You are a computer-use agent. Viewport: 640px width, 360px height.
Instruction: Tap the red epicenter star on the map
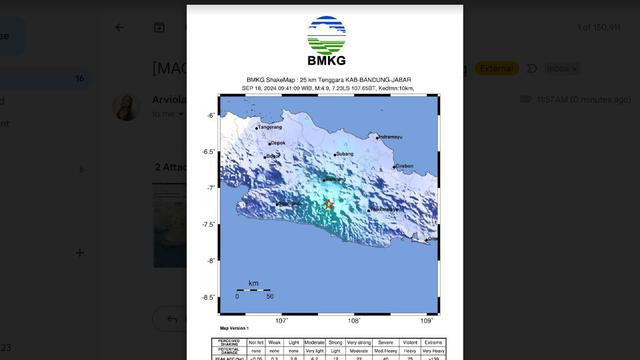pos(329,204)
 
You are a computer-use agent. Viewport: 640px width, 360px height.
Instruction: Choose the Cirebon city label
pos(404,166)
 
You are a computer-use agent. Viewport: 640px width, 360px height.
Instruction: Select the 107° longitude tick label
pos(282,321)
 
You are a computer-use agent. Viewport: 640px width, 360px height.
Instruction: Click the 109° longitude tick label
pos(427,321)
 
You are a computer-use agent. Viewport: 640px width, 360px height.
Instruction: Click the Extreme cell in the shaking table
pos(432,342)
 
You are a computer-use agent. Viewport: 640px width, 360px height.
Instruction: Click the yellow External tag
pos(496,68)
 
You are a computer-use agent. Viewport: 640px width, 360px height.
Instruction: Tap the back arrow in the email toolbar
pos(120,27)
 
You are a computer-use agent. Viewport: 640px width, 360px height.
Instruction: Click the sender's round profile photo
pos(127,107)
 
